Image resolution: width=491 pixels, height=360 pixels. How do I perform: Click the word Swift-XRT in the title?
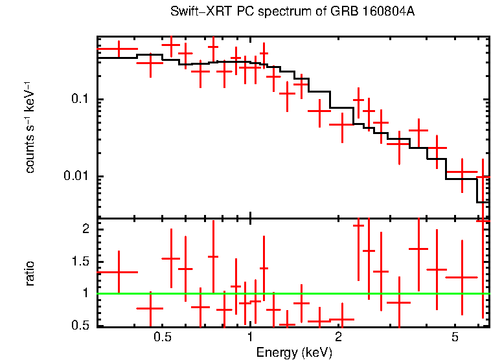coord(194,12)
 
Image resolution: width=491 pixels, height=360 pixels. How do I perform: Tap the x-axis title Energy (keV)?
coord(294,352)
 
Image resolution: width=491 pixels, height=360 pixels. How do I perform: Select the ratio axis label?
coord(30,273)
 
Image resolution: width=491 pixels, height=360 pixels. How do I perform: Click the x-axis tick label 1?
coord(250,338)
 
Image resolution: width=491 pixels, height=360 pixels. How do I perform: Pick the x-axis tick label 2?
coord(339,338)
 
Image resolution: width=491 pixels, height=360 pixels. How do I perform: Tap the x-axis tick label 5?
coord(455,338)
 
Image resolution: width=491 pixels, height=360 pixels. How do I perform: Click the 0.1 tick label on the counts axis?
coord(80,100)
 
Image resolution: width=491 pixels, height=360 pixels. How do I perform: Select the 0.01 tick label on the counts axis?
coord(76,177)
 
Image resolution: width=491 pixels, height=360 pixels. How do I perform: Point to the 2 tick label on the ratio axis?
coord(84,230)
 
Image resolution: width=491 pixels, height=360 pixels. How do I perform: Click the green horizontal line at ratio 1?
coord(291,293)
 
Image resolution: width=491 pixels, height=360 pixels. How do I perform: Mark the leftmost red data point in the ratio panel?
coord(118,272)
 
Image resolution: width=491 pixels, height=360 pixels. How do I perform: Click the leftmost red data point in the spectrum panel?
coord(118,49)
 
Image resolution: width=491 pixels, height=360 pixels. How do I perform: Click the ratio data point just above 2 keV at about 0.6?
coord(341,319)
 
